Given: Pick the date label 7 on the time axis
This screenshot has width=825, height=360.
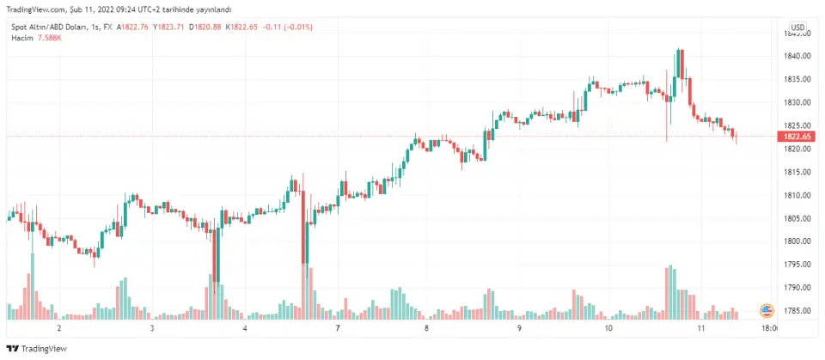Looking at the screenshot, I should [339, 328].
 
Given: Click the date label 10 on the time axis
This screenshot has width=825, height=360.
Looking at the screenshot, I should [608, 328].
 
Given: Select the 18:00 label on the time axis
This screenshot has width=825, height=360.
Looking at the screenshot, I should [770, 328].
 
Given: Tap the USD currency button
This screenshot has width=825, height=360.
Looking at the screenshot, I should [797, 27].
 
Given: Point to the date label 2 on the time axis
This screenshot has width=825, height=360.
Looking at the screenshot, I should [59, 328].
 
